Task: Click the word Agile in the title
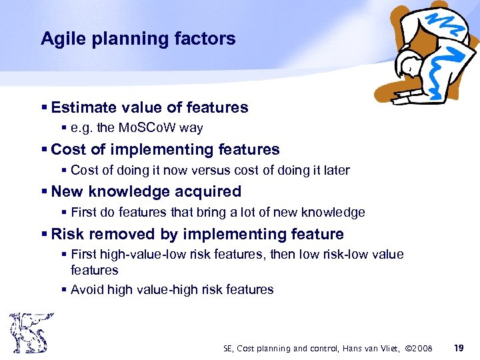tap(59, 39)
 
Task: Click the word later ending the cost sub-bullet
tap(334, 171)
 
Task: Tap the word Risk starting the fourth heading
tap(67, 234)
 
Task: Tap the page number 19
tap(458, 348)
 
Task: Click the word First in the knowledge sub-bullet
tap(83, 213)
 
